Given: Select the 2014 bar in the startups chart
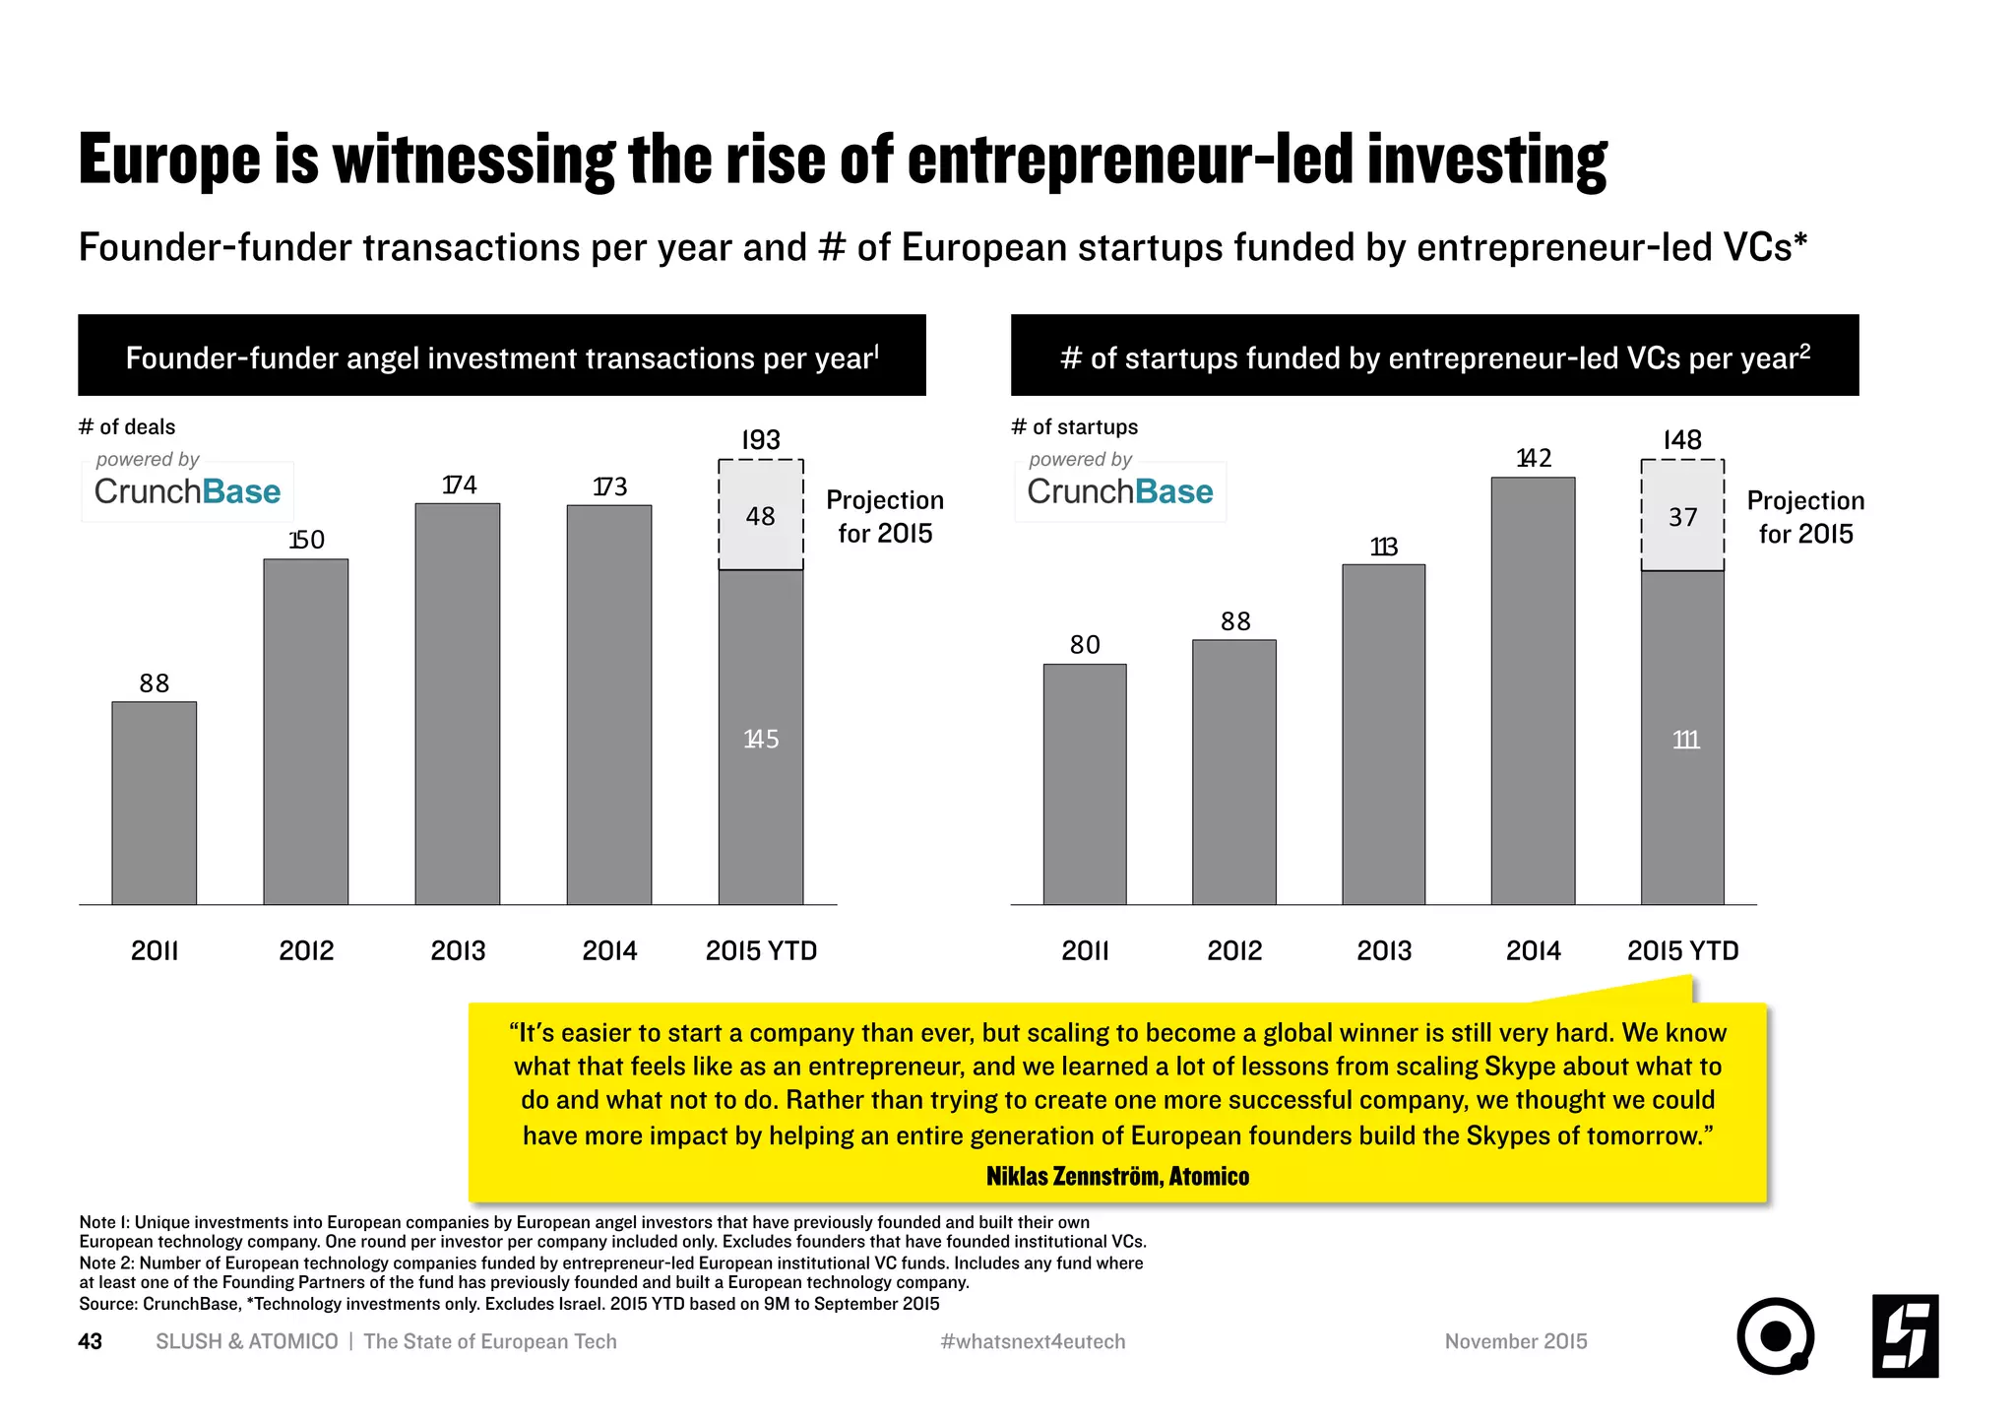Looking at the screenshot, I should click(1533, 690).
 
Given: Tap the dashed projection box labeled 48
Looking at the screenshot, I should click(760, 515).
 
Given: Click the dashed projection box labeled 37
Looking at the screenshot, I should click(1682, 516).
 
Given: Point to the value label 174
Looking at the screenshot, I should click(459, 485).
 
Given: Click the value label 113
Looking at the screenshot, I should click(1383, 547).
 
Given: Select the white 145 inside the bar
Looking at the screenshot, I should click(760, 739).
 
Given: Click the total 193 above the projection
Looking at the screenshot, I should click(760, 440).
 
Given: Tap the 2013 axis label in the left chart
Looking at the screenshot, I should click(458, 950).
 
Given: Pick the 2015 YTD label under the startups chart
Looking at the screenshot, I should click(1682, 950).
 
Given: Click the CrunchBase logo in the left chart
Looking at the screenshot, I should click(187, 490).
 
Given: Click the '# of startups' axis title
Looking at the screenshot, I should click(1074, 426).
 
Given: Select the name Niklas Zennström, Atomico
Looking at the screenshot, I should click(1117, 1176).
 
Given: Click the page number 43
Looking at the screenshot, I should click(90, 1341).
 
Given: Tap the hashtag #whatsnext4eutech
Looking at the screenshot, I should click(1033, 1341).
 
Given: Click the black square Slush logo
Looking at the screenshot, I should click(1905, 1335).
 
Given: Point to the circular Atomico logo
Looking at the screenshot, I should click(1775, 1335).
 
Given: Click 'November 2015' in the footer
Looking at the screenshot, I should click(1515, 1341).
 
